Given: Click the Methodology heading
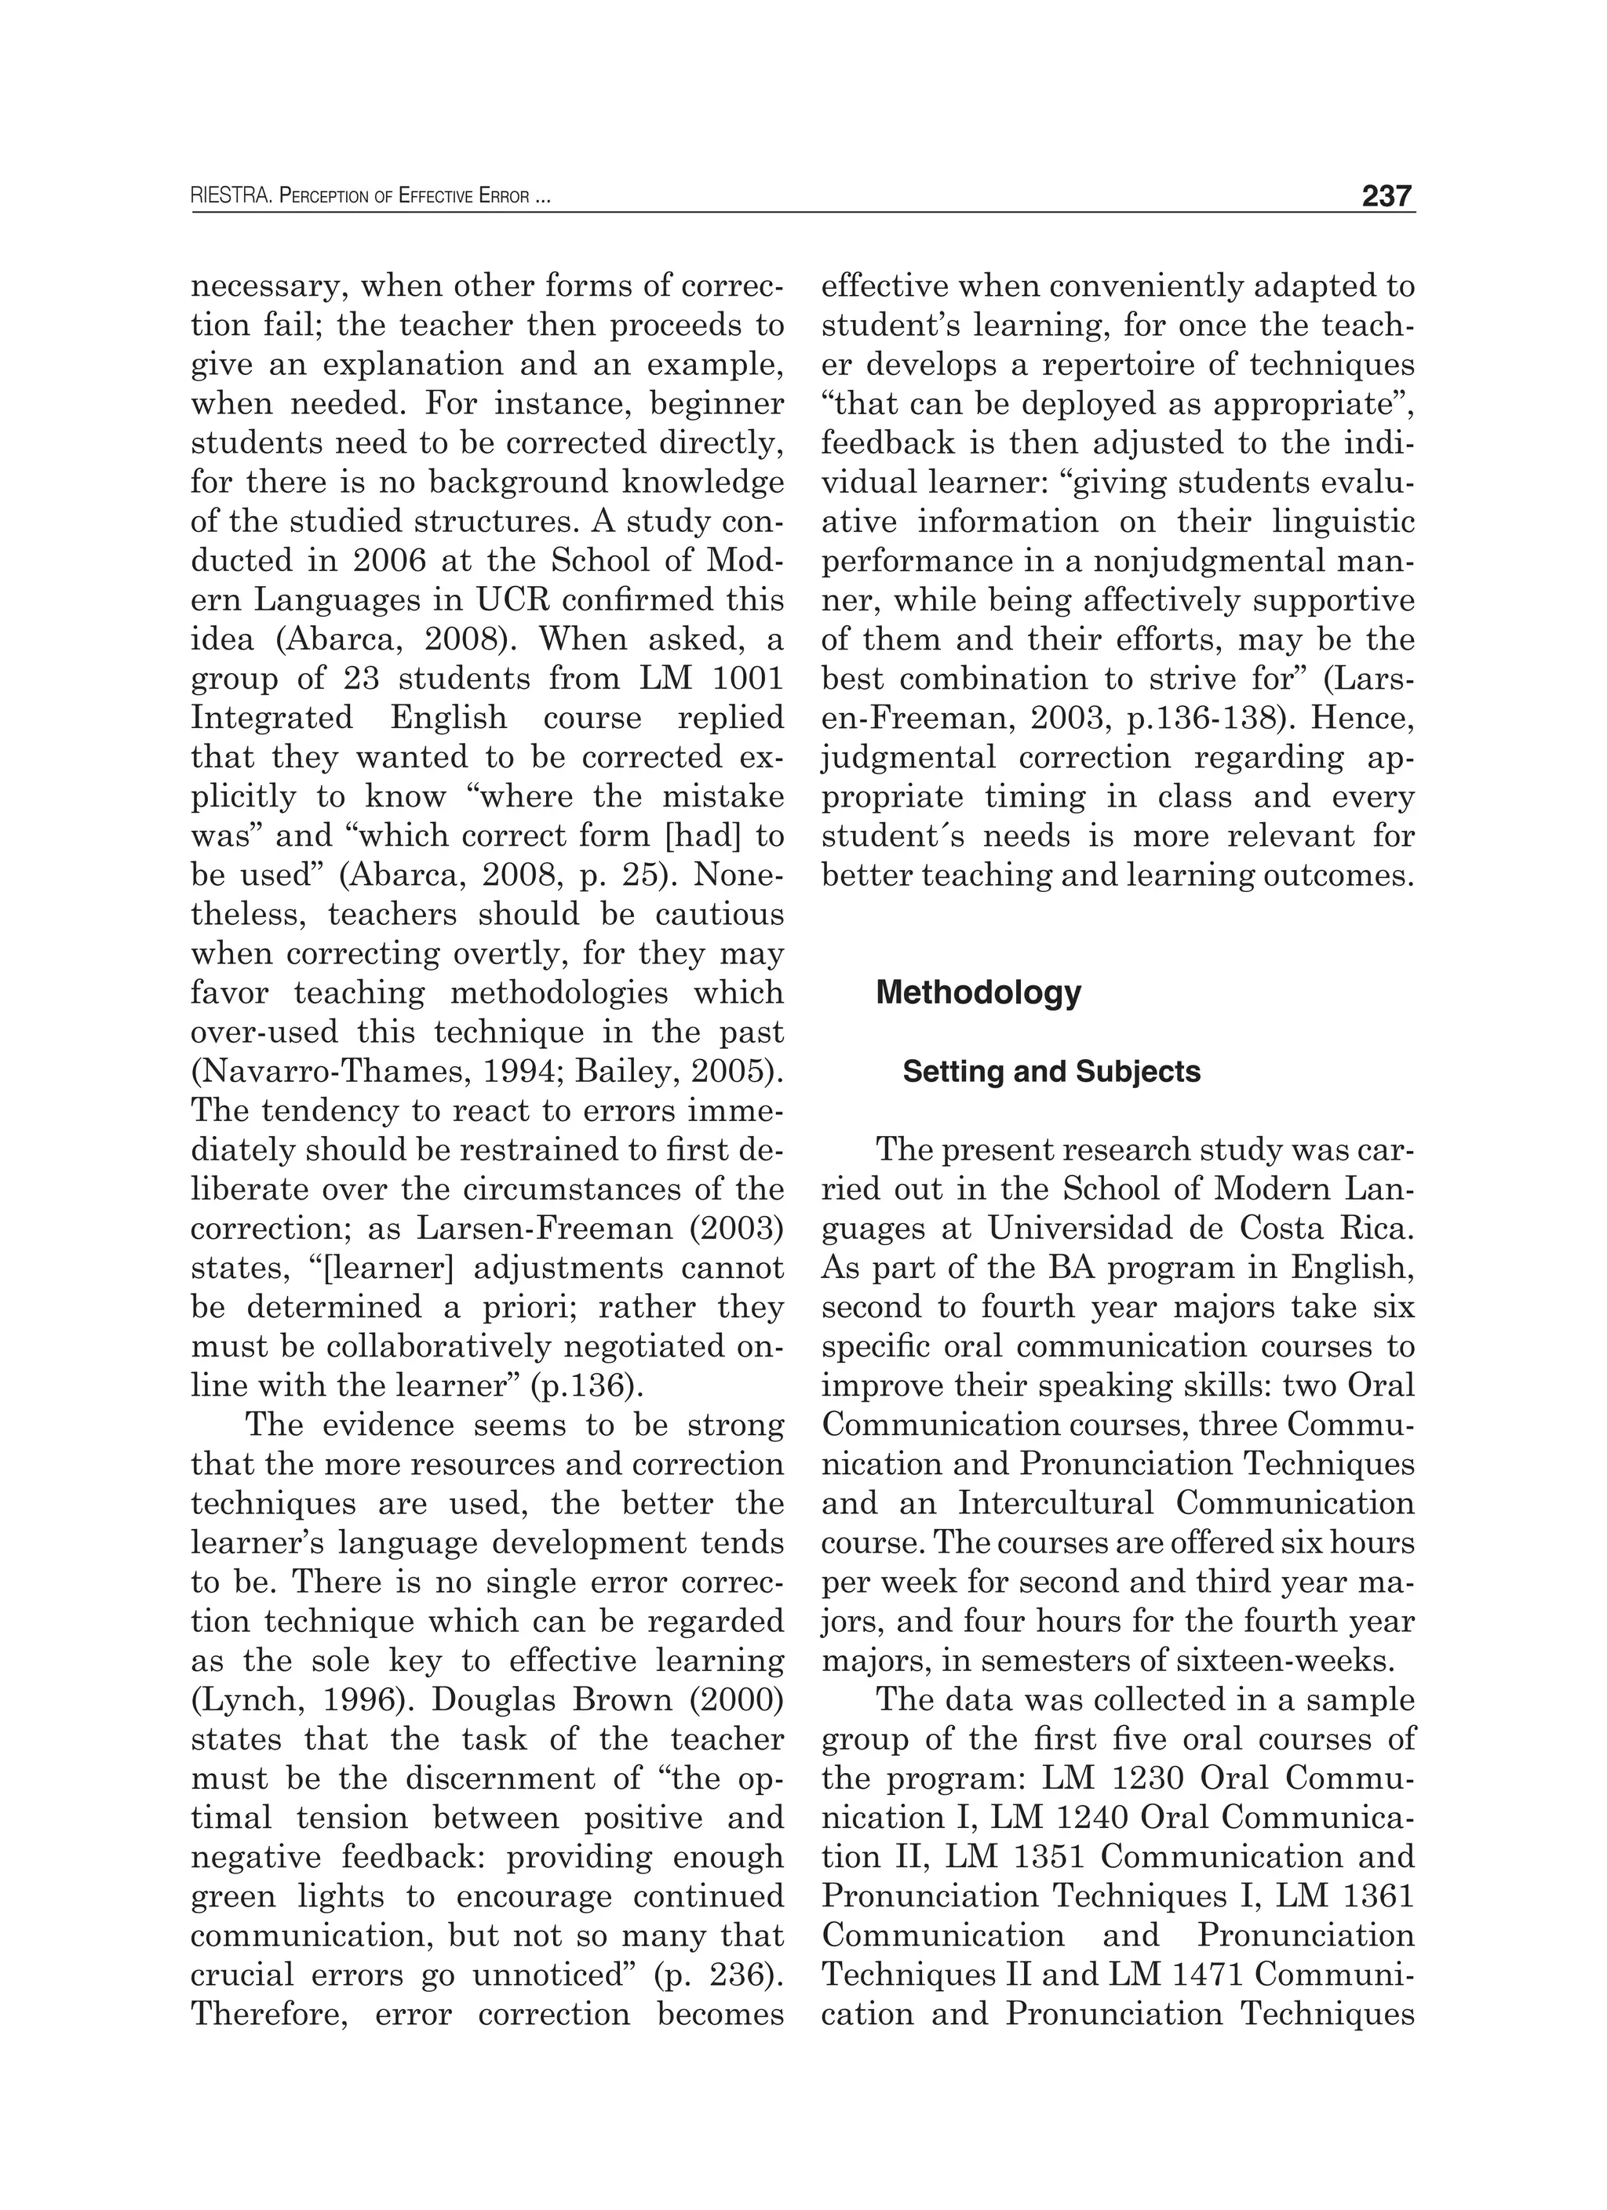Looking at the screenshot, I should pos(978,993).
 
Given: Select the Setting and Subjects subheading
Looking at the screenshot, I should pos(1051,1072).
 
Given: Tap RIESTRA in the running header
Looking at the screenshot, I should pos(231,198).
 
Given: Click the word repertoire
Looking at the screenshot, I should pos(1135,365).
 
